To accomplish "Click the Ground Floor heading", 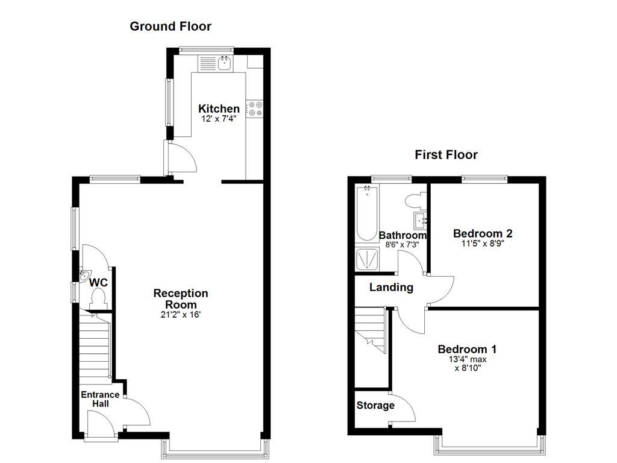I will pyautogui.click(x=171, y=26).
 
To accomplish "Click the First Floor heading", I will pyautogui.click(x=446, y=155).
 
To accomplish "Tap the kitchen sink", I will pyautogui.click(x=224, y=62).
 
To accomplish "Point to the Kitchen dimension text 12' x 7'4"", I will pyautogui.click(x=219, y=119).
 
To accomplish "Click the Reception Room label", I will pyautogui.click(x=181, y=299).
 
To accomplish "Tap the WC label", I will pyautogui.click(x=98, y=282).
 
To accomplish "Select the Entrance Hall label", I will pyautogui.click(x=101, y=399).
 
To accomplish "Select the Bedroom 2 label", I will pyautogui.click(x=483, y=233).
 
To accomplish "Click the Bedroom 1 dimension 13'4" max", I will pyautogui.click(x=468, y=359).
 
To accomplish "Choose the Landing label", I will pyautogui.click(x=391, y=288).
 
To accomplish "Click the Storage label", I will pyautogui.click(x=375, y=405).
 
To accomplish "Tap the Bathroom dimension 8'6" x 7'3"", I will pyautogui.click(x=402, y=245).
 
